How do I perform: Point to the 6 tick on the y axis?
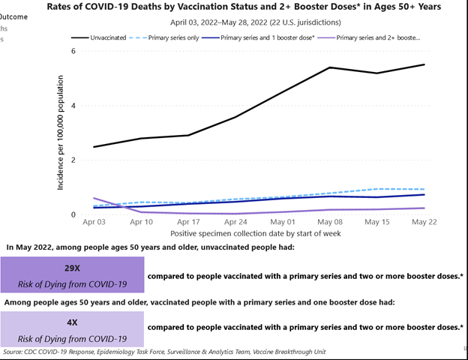(73, 51)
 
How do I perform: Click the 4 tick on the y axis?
(73, 106)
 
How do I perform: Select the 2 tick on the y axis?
(73, 160)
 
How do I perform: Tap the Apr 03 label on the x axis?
(94, 223)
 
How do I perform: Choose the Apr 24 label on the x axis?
(235, 223)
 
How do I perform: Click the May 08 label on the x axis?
(331, 223)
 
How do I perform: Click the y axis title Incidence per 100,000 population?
(61, 133)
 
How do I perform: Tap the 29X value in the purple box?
(72, 268)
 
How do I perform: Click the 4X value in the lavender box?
(72, 322)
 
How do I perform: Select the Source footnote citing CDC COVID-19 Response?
(164, 351)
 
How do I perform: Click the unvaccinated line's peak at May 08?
(331, 67)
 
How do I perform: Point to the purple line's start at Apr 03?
(94, 198)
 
